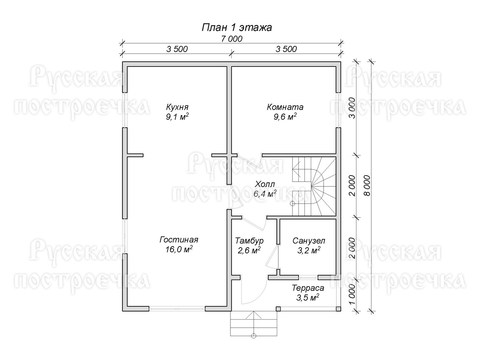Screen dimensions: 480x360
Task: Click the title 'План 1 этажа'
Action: (x=237, y=27)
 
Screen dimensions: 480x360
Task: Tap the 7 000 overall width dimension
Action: (x=232, y=39)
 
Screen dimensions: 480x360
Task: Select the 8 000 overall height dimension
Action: (x=367, y=185)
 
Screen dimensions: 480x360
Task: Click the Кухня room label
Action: (x=177, y=107)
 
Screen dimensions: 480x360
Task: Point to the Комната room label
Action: (x=285, y=107)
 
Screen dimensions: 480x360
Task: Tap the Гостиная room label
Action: (x=179, y=240)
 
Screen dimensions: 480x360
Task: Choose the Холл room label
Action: (x=265, y=184)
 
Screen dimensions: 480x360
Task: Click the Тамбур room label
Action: (x=249, y=241)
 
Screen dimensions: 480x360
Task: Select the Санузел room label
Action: (x=309, y=241)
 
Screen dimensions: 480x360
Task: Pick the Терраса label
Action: (x=308, y=288)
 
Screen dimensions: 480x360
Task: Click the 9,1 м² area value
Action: (x=177, y=117)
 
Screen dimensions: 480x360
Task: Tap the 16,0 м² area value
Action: (x=179, y=249)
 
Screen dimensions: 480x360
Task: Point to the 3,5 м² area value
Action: (x=307, y=298)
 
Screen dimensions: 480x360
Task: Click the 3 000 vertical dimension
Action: (x=352, y=108)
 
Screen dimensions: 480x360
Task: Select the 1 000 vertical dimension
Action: (x=352, y=294)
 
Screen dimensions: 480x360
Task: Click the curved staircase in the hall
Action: (x=314, y=187)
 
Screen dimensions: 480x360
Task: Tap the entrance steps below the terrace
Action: (x=253, y=324)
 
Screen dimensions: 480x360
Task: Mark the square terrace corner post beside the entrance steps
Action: (x=278, y=309)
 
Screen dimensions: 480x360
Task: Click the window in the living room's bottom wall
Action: (x=177, y=309)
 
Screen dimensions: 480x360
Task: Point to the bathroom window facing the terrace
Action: (x=308, y=277)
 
